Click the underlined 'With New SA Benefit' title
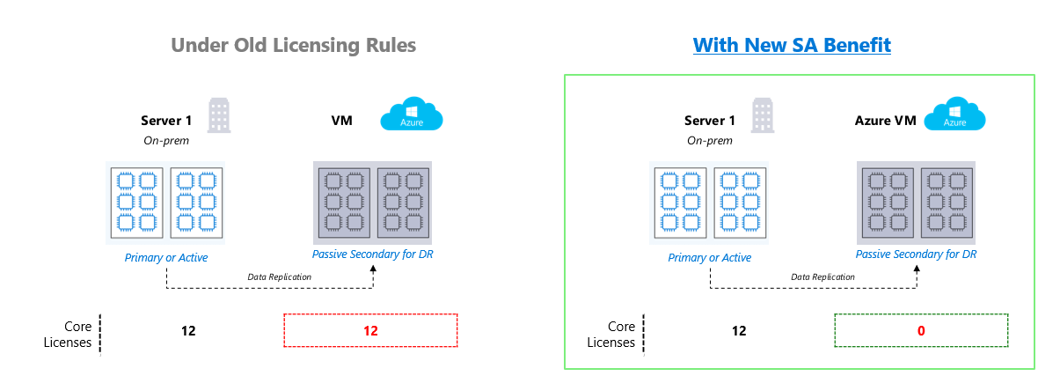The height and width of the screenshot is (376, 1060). tap(792, 45)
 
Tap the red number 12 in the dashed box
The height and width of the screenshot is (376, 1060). tap(370, 331)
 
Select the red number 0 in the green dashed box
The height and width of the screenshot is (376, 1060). tap(921, 331)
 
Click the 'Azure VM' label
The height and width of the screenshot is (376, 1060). tap(885, 121)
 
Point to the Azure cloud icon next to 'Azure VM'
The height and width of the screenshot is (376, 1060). tap(954, 115)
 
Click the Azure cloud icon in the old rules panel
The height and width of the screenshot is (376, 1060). tap(411, 115)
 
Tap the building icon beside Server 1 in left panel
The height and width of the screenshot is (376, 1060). tap(218, 115)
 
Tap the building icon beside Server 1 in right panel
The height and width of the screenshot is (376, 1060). tap(763, 115)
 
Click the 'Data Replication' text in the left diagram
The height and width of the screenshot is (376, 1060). tap(280, 276)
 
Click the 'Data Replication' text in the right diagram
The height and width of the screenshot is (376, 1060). tap(823, 276)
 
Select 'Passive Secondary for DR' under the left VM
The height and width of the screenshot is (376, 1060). tap(372, 254)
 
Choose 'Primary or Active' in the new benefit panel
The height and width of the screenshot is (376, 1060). tap(709, 258)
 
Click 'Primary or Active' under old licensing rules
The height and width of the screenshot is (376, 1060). tap(165, 258)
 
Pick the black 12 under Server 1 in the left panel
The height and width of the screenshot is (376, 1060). tap(187, 331)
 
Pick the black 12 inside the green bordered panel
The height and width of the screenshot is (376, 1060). tap(738, 331)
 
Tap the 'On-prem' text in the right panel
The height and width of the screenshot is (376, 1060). tap(709, 140)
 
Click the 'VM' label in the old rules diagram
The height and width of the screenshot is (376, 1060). tap(341, 121)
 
